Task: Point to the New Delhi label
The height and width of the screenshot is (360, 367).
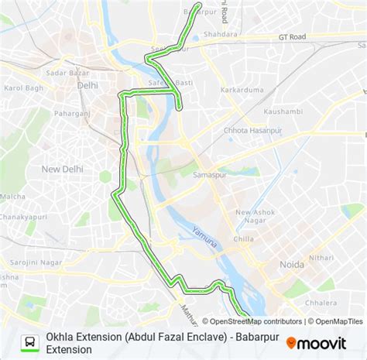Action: click(62, 168)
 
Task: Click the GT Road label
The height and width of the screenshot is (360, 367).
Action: click(293, 36)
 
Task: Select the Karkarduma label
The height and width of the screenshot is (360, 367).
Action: click(242, 91)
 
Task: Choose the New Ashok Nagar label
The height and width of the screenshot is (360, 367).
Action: click(256, 217)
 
